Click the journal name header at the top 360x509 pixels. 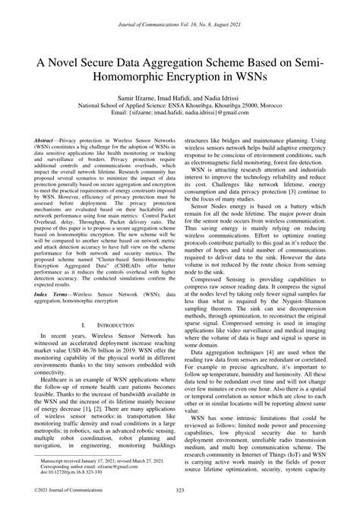click(x=179, y=6)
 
